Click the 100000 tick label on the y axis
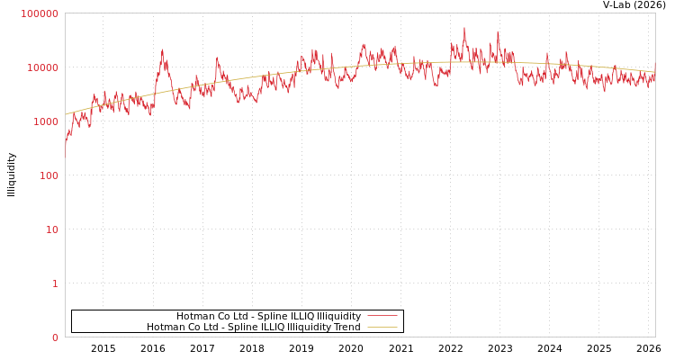pos(40,14)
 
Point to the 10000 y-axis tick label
pos(43,68)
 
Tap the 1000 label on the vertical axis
pos(46,122)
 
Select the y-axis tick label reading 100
pos(49,176)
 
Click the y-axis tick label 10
pos(51,230)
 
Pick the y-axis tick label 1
pos(55,284)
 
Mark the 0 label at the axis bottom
pos(55,338)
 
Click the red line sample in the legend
pos(382,317)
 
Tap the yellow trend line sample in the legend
pos(382,328)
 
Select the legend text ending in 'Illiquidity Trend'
pos(253,328)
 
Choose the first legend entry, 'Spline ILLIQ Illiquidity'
pos(268,317)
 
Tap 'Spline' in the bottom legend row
pos(243,328)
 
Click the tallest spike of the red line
pos(464,28)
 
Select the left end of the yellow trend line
pos(66,114)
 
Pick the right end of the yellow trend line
pos(654,72)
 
